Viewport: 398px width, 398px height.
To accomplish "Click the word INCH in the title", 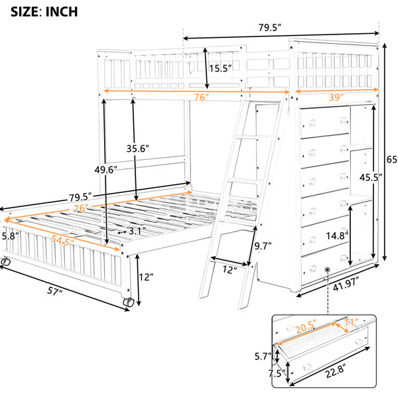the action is (62, 12).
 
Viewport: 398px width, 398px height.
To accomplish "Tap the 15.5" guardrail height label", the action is (220, 68).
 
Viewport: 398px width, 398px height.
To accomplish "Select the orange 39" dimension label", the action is (336, 97).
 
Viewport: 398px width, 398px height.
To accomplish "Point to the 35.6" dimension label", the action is (137, 149).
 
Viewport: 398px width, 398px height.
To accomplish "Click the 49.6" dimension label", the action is (106, 170).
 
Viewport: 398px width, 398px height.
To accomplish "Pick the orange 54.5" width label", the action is (62, 240).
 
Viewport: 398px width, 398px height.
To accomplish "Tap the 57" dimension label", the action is (54, 291).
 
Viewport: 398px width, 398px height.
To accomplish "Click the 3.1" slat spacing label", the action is (137, 231).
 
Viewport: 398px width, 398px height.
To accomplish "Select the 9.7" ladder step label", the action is (263, 245).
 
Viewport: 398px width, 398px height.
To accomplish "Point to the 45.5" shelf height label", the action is (371, 177).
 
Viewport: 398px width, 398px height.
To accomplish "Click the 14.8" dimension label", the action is (337, 235).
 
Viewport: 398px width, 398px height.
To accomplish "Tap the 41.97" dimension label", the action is (346, 283).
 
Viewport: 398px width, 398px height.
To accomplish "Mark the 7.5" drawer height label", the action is (277, 373).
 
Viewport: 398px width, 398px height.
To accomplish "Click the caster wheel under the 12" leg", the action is (129, 302).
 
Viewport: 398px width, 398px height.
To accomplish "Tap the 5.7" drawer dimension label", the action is (263, 356).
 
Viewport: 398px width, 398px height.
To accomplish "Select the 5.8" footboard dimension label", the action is (10, 236).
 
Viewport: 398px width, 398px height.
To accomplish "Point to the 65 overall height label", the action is (392, 159).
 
